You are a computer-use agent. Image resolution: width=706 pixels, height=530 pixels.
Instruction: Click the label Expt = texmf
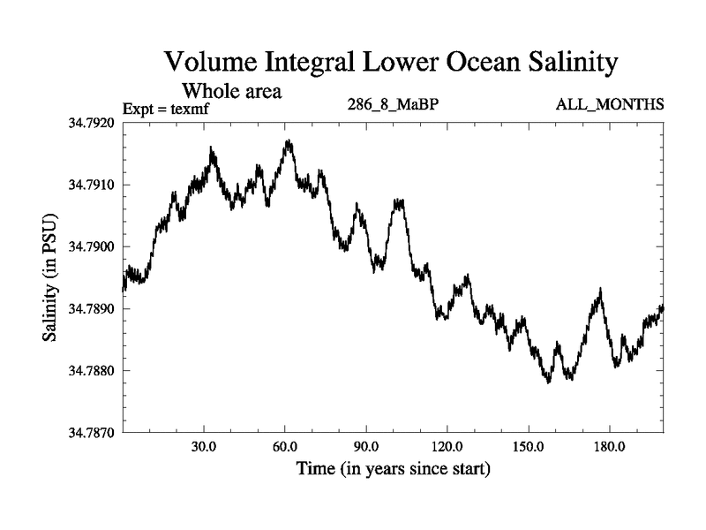[169, 110]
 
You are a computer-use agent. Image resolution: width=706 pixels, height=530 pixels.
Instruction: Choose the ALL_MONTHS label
[609, 105]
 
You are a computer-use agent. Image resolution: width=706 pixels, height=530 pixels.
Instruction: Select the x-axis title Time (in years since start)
[393, 468]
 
